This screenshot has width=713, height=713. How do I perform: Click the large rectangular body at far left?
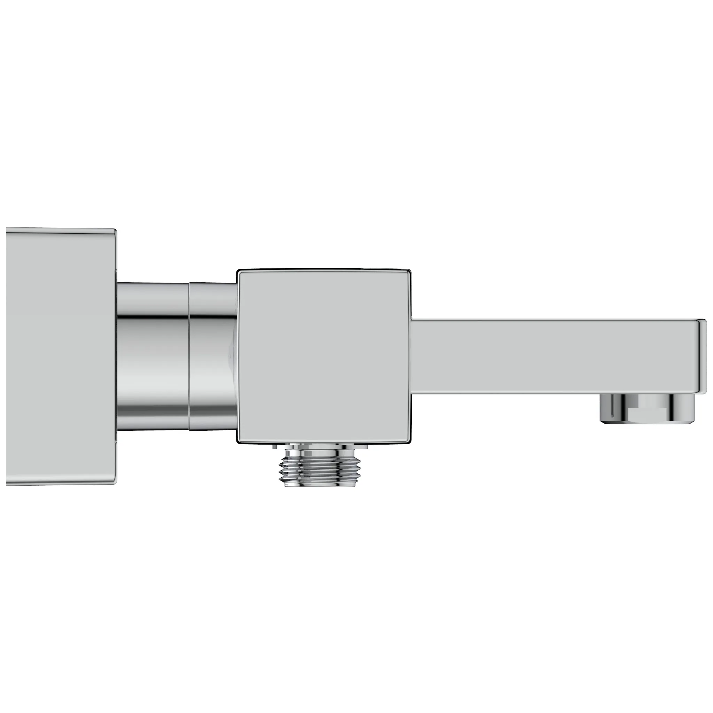61,356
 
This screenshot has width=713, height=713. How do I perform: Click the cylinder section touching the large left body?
153,356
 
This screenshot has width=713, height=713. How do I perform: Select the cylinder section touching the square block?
213,356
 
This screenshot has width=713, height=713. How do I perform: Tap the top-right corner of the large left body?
115,232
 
